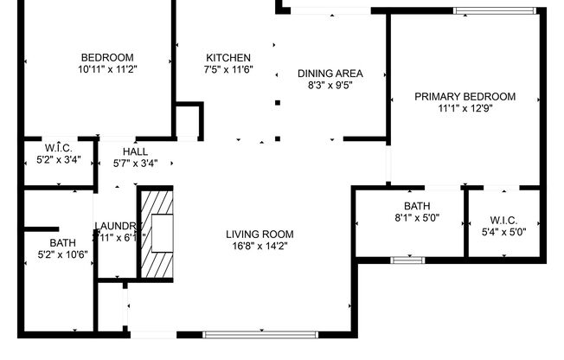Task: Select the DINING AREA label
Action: point(330,73)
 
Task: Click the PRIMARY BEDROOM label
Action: point(465,96)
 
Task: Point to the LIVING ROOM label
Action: point(260,234)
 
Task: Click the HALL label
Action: point(136,151)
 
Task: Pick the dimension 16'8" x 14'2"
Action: point(260,246)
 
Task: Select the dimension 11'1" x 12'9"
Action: point(465,108)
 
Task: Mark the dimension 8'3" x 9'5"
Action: point(330,85)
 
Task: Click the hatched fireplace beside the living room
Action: point(157,231)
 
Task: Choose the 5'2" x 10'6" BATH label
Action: point(62,242)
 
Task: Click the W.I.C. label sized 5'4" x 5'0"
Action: point(503,219)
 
